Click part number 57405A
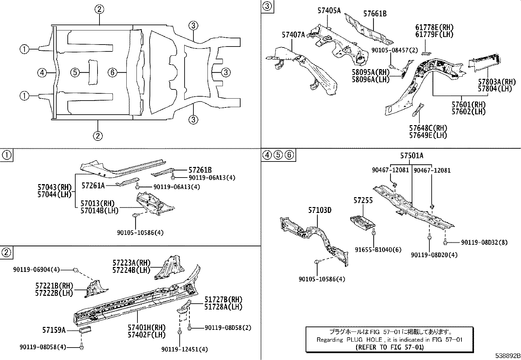coord(329,10)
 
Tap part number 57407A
coord(293,34)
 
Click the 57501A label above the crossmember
coord(411,156)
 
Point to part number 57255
coord(363,200)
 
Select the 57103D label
coord(319,210)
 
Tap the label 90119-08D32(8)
coord(484,242)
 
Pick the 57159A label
coord(54,330)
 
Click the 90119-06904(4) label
coord(36,269)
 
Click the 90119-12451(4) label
coord(185,349)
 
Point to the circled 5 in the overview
coord(75,72)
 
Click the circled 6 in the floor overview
coord(112,72)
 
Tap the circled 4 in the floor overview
coord(42,72)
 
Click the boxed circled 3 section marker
coord(267,6)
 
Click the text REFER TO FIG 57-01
coord(389,347)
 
